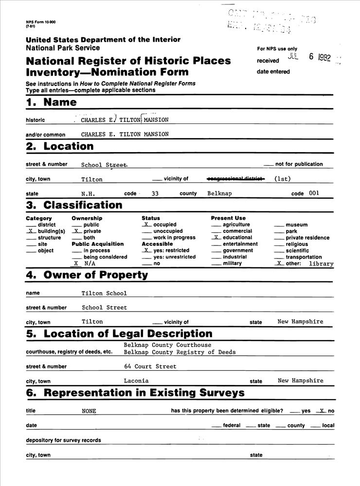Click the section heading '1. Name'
coord(51,102)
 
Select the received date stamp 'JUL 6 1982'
coord(309,57)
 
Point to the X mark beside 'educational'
coord(215,238)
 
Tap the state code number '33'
coord(155,193)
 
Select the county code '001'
coord(314,193)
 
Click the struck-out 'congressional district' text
coord(235,178)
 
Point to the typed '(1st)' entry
coord(282,178)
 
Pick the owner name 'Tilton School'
coord(104,294)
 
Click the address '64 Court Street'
coord(150,366)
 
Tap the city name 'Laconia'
coord(136,381)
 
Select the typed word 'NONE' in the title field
coord(89,411)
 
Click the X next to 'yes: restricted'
coord(145,250)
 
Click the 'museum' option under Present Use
coord(296,225)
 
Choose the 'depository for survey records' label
coord(63,440)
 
